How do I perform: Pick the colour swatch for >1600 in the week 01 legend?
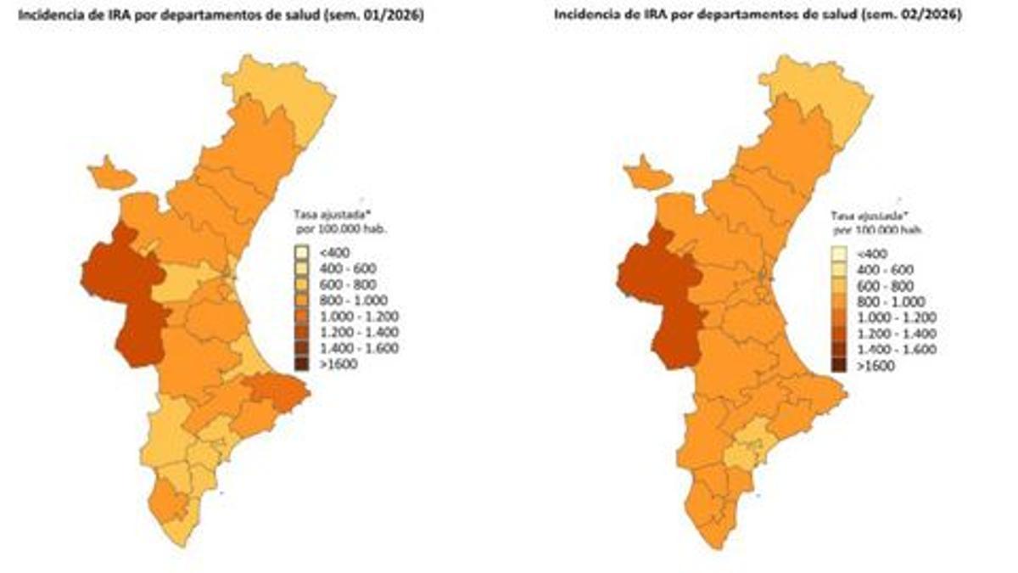click(x=301, y=364)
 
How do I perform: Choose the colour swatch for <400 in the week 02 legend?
click(x=839, y=254)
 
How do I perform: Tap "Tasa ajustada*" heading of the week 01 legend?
click(x=332, y=214)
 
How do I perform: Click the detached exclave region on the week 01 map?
click(x=109, y=176)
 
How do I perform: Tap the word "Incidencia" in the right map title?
click(x=584, y=15)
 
